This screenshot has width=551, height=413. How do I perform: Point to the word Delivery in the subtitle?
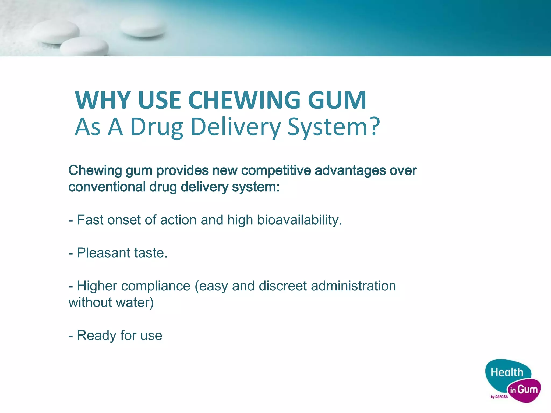236,127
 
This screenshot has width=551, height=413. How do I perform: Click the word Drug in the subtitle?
157,127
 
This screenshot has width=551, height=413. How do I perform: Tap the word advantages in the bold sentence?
350,170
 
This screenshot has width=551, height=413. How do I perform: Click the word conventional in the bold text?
107,187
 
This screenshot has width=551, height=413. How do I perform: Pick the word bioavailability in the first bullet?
299,220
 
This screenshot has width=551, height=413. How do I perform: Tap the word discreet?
282,286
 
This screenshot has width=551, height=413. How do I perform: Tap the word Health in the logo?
507,373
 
